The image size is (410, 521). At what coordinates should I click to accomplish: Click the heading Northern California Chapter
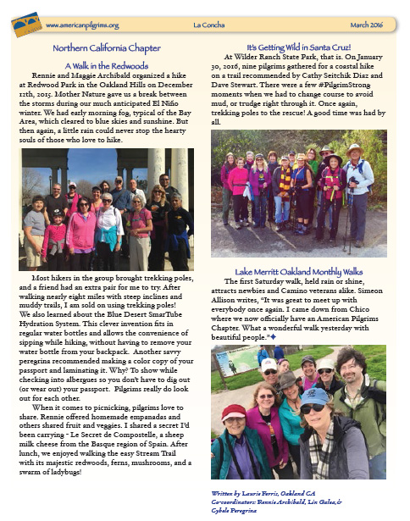click(106, 49)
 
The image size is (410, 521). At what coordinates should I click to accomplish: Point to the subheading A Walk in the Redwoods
click(106, 64)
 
